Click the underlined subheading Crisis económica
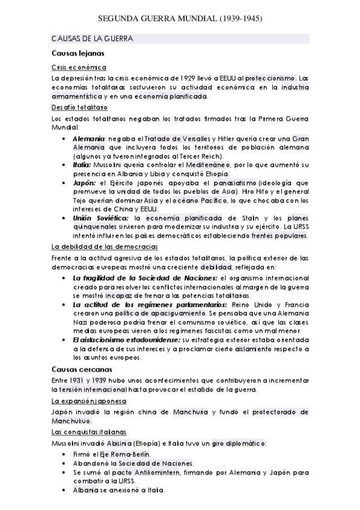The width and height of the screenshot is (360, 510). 79,67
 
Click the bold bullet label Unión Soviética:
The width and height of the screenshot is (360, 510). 100,218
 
